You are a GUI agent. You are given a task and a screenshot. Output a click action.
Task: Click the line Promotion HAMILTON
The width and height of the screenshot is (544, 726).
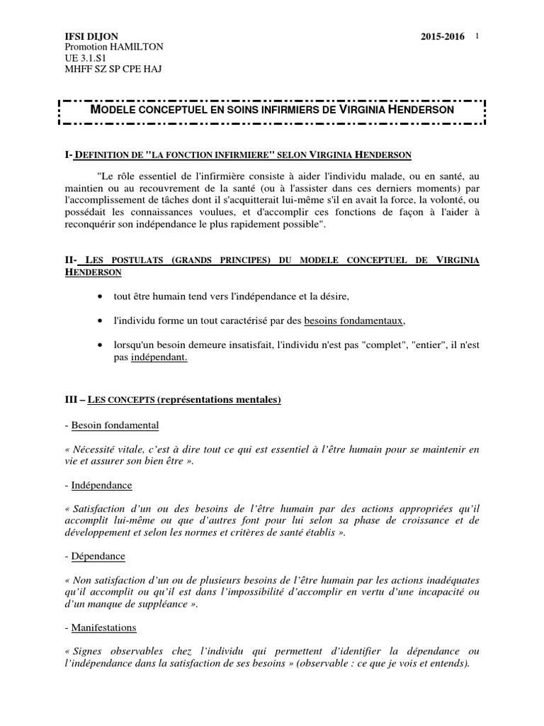[114, 47]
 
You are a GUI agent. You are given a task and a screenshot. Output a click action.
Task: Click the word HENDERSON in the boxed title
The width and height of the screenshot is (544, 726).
[418, 111]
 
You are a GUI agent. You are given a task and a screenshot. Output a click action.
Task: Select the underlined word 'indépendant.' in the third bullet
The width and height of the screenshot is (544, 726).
[159, 357]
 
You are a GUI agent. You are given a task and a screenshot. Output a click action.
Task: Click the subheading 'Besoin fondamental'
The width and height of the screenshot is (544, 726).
[115, 425]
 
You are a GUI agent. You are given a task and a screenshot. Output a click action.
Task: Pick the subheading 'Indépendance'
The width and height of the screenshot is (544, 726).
[102, 486]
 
